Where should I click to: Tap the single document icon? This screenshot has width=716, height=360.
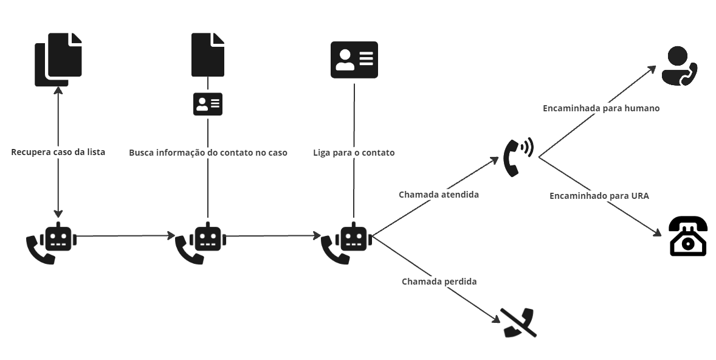[x=208, y=55]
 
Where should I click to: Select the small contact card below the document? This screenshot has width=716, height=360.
[x=208, y=105]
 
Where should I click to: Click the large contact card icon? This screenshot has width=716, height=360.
[x=354, y=60]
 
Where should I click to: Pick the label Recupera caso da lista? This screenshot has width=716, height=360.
[x=58, y=152]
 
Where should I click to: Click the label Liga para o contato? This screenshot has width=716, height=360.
[x=354, y=153]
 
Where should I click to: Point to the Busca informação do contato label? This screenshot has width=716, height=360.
[x=208, y=153]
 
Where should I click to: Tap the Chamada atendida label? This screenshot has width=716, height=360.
[x=438, y=195]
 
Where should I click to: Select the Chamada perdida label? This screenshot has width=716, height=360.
[x=439, y=282]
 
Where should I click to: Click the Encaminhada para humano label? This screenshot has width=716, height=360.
[x=601, y=108]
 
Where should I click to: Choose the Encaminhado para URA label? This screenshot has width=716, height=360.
[x=599, y=196]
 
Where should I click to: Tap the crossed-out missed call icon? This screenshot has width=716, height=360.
[x=518, y=323]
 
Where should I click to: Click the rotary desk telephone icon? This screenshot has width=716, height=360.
[x=687, y=237]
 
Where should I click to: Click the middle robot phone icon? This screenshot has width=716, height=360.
[x=200, y=242]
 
